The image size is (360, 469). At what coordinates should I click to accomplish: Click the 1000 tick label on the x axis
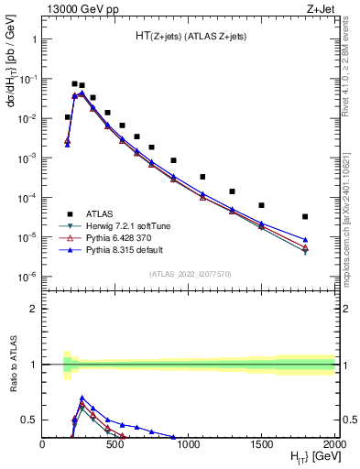point(189,443)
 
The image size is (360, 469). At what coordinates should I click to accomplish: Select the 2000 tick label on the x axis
point(335,443)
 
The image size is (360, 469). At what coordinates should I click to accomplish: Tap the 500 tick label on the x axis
point(115,443)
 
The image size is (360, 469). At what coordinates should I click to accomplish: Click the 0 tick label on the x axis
point(42,443)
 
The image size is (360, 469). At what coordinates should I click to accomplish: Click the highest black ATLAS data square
point(74,83)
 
